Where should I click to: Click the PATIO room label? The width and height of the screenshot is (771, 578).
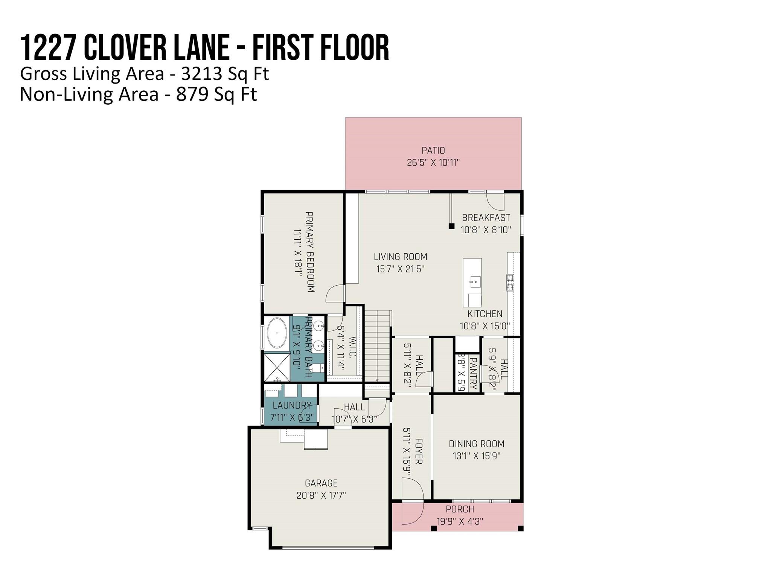coord(433,151)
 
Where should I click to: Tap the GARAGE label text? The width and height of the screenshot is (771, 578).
coord(321,483)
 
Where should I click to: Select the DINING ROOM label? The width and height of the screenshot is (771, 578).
coord(477,444)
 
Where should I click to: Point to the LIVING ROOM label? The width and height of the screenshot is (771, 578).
coord(401,257)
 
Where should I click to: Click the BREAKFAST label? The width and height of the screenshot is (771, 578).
coord(486,218)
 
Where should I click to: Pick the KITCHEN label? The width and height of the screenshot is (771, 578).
coord(485,313)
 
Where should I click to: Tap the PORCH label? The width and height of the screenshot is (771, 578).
coord(460,509)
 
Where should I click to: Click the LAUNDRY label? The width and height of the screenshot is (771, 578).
coord(292,405)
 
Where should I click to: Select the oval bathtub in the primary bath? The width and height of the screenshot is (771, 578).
coord(277,333)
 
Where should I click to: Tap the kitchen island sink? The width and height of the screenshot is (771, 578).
coord(475,281)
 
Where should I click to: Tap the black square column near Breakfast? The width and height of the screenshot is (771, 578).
coord(451,226)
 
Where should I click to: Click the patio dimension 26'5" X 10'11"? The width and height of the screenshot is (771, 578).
coord(433,163)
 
